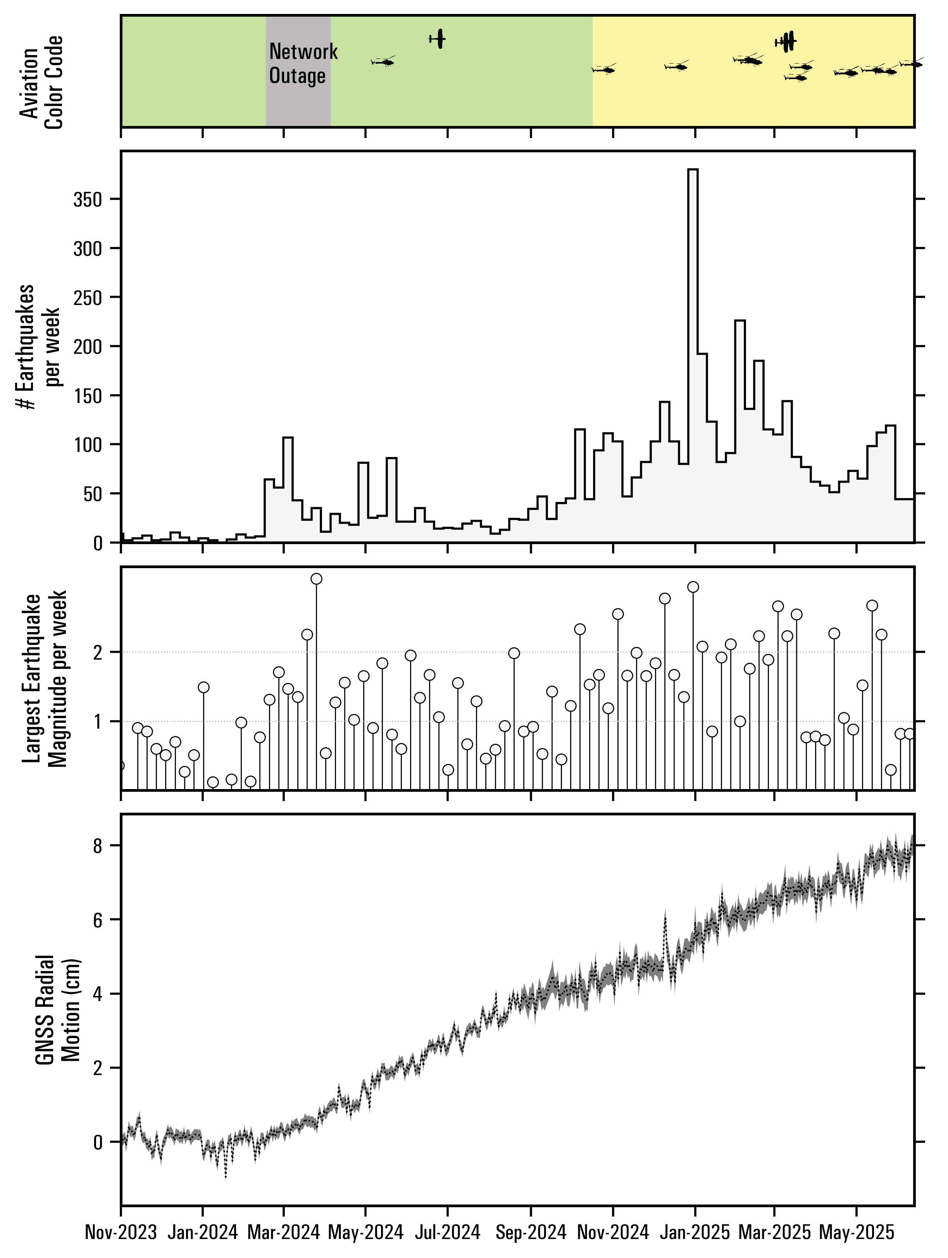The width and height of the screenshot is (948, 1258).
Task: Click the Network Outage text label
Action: click(x=303, y=64)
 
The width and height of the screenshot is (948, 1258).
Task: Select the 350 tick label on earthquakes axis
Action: click(x=87, y=200)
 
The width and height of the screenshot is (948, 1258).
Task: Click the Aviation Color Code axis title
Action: click(x=41, y=83)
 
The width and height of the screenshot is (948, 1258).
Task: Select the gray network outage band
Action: click(x=298, y=102)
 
